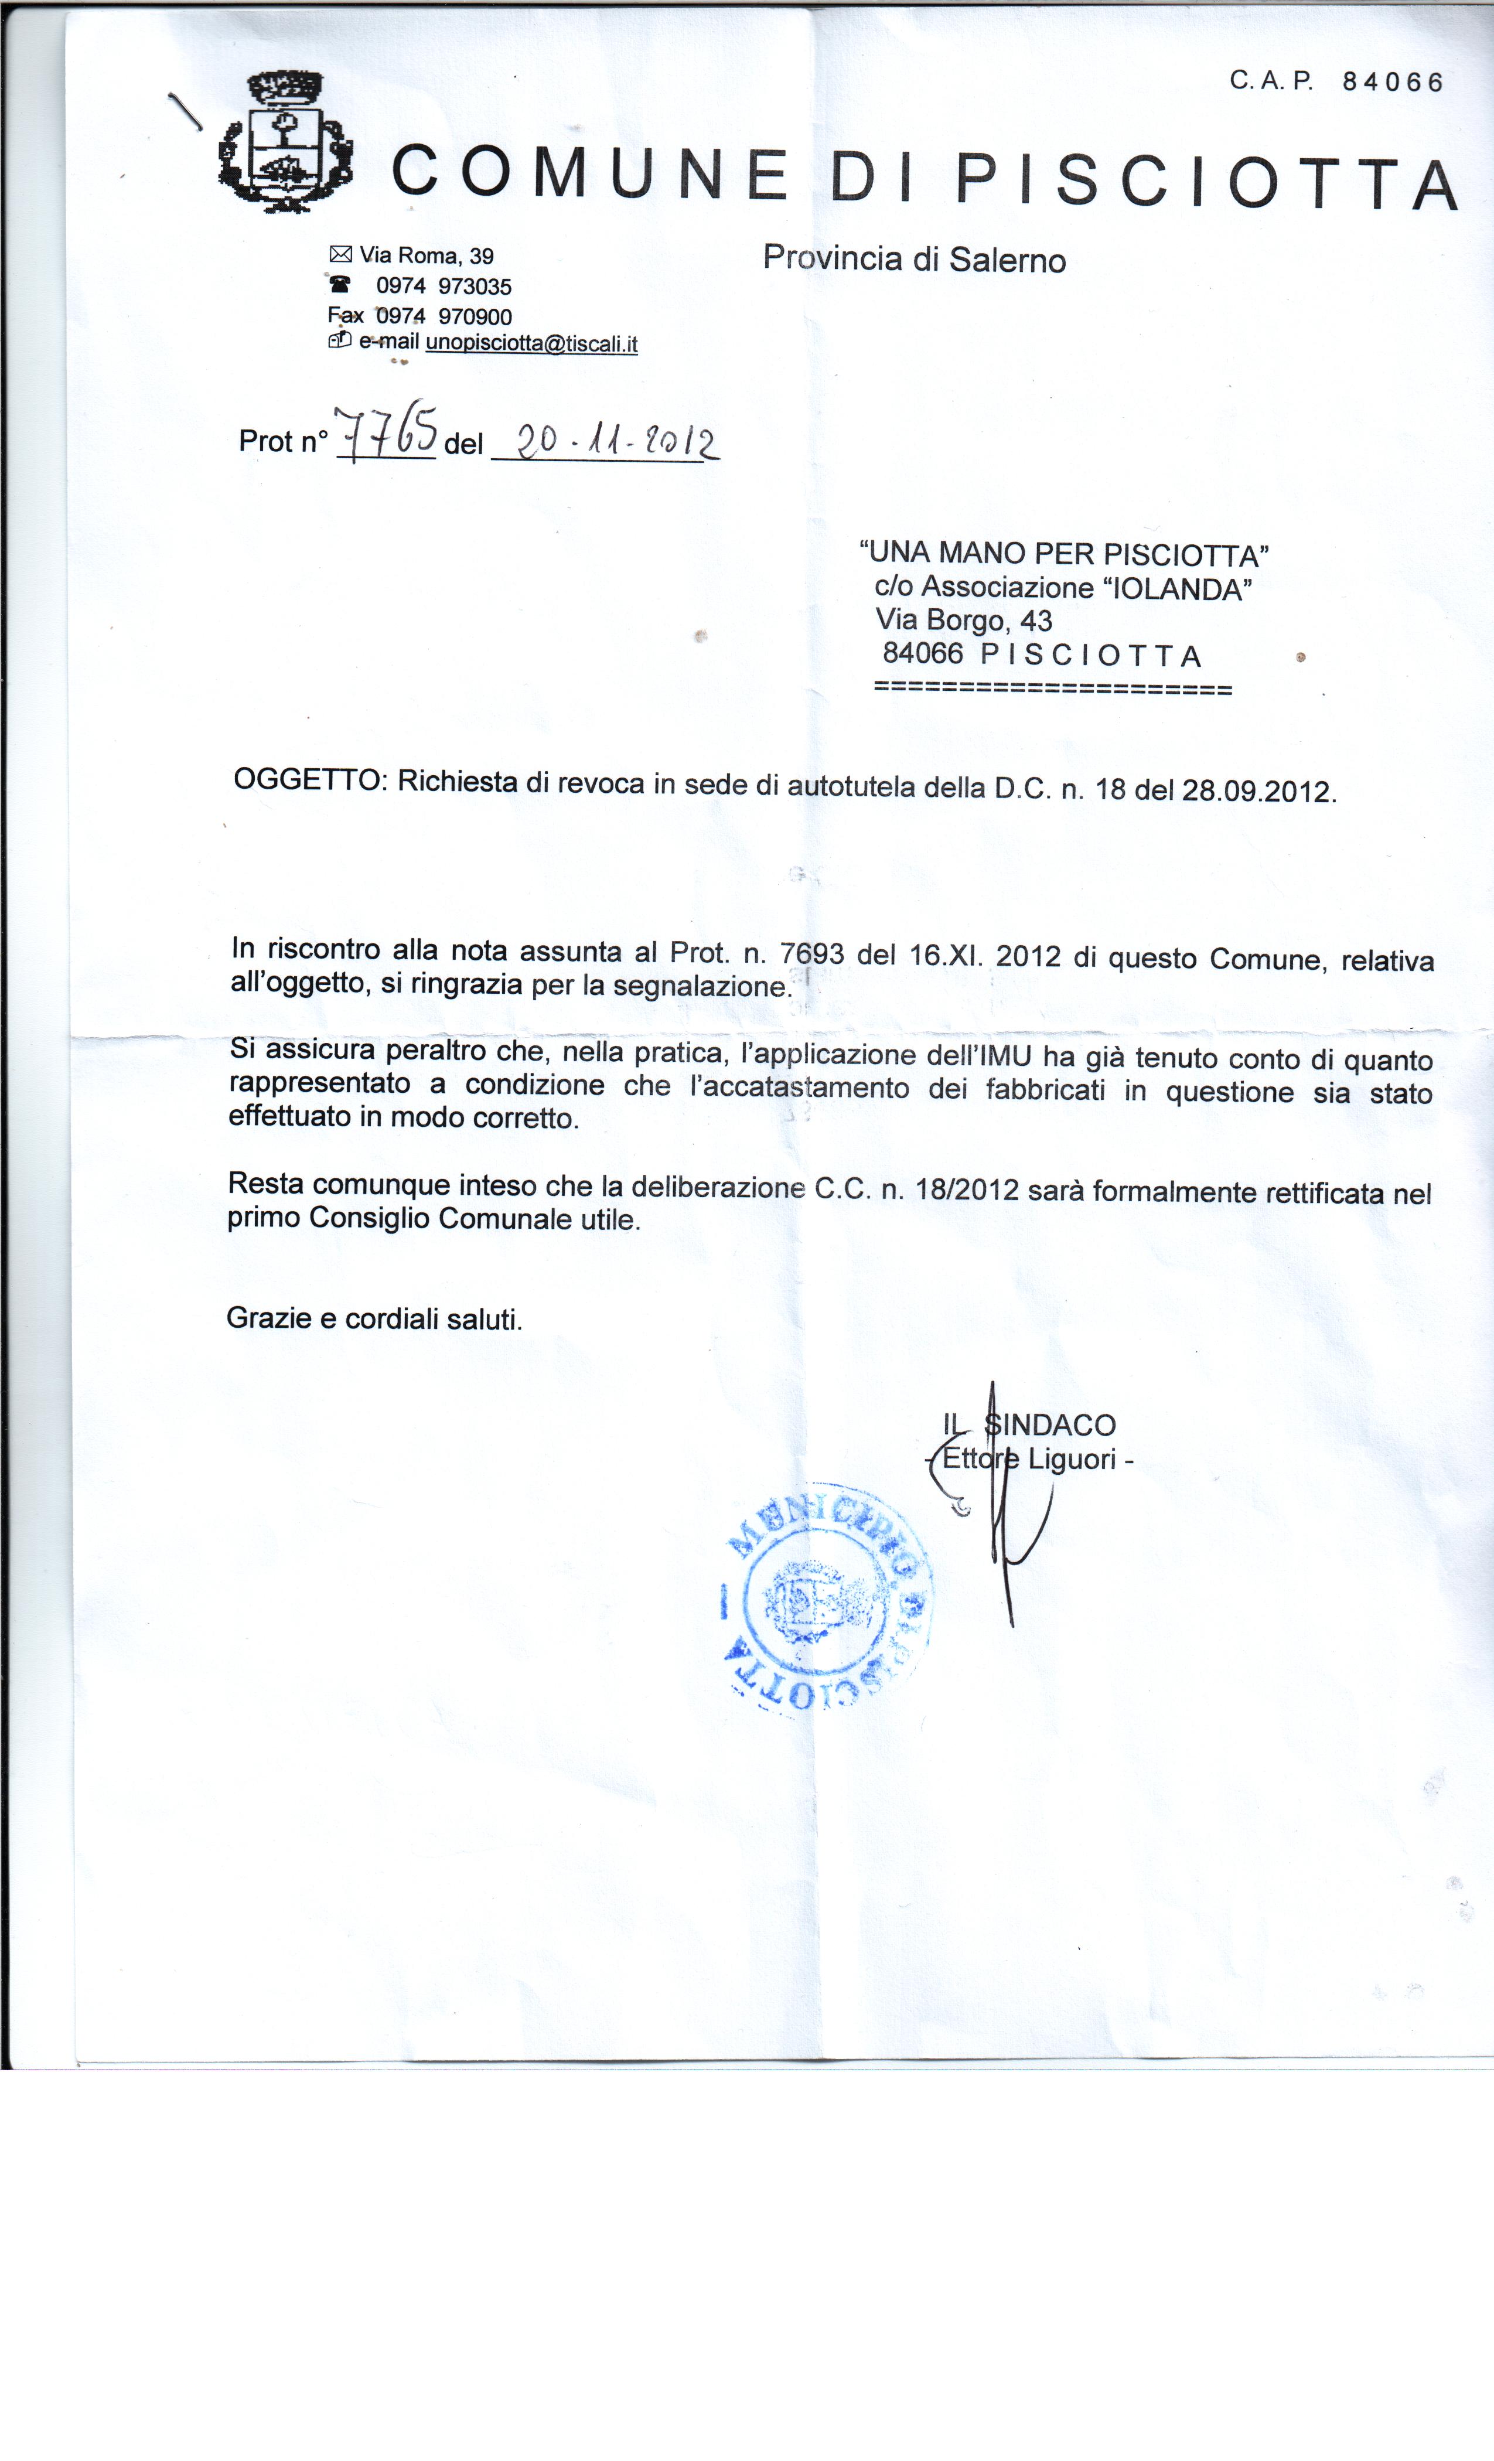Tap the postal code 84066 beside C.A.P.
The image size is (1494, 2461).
[x=1392, y=82]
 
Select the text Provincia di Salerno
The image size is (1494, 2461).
[x=914, y=260]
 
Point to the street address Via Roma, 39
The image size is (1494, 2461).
[x=427, y=255]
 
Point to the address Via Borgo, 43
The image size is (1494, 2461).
[x=964, y=621]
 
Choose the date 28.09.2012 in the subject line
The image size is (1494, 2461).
[x=1256, y=791]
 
